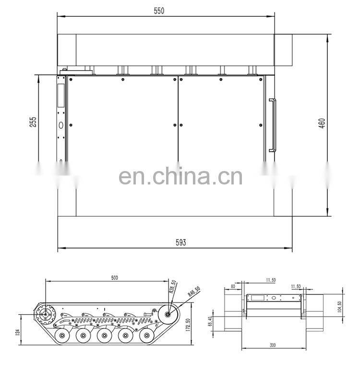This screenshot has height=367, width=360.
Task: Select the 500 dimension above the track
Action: pyautogui.click(x=114, y=278)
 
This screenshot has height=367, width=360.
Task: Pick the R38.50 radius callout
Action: pyautogui.click(x=173, y=287)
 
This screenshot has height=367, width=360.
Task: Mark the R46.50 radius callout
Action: pyautogui.click(x=193, y=292)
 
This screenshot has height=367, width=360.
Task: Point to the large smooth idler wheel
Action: pyautogui.click(x=168, y=315)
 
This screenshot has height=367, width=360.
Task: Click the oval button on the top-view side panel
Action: pyautogui.click(x=61, y=125)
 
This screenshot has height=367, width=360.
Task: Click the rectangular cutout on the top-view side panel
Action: pyautogui.click(x=60, y=95)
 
